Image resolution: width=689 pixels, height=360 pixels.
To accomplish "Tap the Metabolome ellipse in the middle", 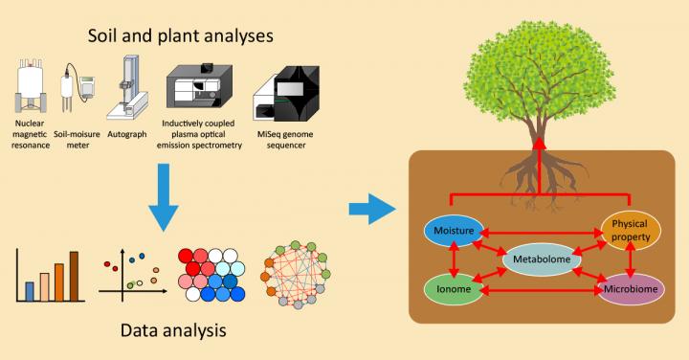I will click(x=542, y=259).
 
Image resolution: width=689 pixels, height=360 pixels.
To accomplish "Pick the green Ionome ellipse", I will click(x=456, y=286).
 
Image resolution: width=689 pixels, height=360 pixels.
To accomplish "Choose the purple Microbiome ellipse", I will click(x=631, y=287).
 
